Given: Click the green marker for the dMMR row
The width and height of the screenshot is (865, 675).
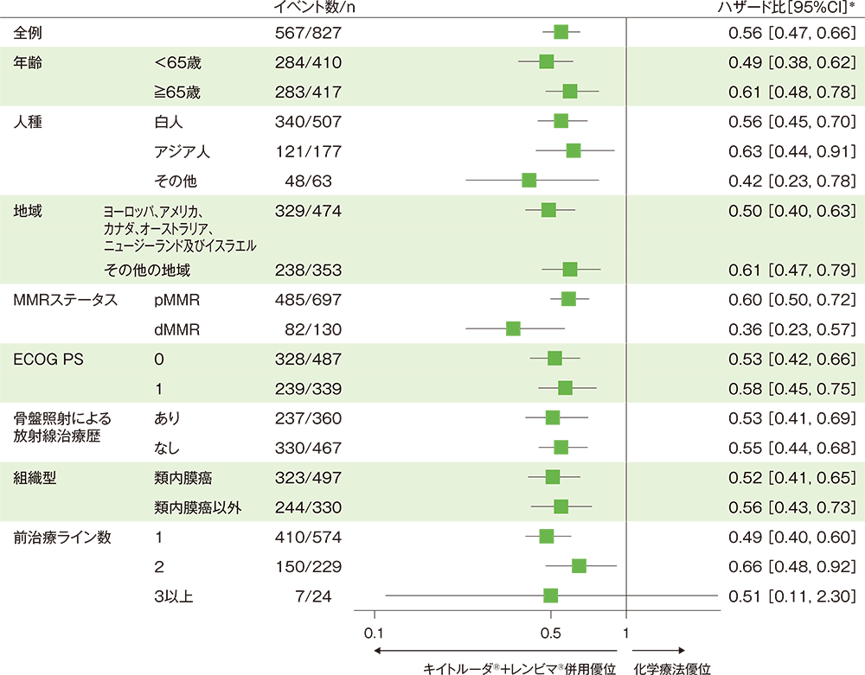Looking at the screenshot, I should click(513, 328).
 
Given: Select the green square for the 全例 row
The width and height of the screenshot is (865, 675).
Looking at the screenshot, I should click(561, 32).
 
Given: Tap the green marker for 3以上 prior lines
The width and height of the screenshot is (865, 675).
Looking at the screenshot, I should click(550, 595).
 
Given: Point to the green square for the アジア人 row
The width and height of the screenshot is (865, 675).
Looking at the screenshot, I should click(573, 150).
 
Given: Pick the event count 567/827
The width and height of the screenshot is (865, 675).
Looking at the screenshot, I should click(307, 33).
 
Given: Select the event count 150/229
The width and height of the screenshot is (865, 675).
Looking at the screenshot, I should click(307, 566).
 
